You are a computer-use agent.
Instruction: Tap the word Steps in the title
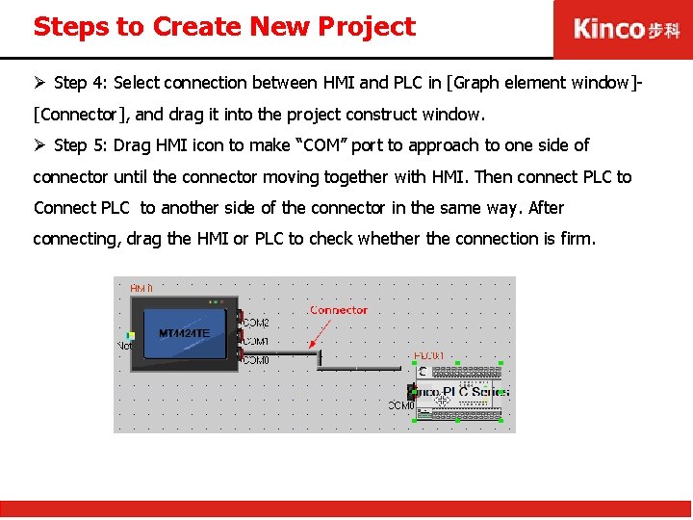(x=70, y=26)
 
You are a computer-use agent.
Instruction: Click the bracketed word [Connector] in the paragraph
(x=82, y=115)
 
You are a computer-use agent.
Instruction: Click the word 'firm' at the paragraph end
(x=576, y=238)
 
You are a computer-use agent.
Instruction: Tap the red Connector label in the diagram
(x=339, y=310)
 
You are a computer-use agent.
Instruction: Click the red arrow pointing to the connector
(x=320, y=333)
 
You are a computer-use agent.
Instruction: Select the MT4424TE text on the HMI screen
(x=184, y=334)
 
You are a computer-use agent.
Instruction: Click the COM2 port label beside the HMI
(x=256, y=323)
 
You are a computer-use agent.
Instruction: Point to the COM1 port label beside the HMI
(x=256, y=341)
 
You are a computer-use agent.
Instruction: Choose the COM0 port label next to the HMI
(x=256, y=359)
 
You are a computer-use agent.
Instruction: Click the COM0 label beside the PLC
(x=401, y=405)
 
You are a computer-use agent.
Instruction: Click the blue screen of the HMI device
(x=185, y=332)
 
